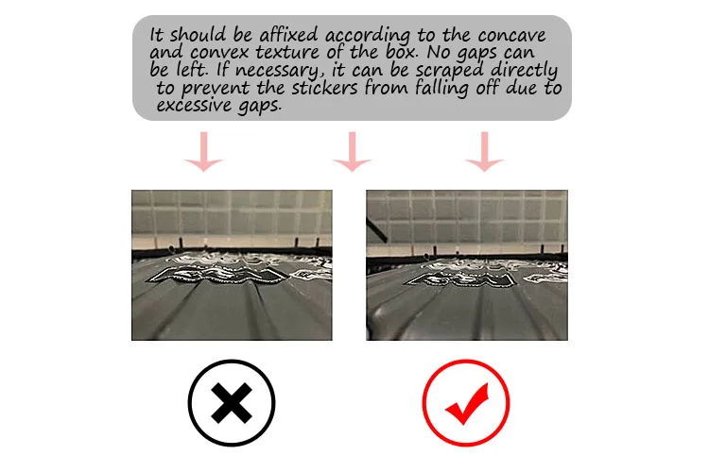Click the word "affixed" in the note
[289, 35]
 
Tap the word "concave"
[511, 35]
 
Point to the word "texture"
[288, 53]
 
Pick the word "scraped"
[449, 72]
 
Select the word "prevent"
[216, 89]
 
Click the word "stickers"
[324, 88]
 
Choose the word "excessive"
[194, 106]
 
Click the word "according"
[367, 36]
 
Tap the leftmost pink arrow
[204, 151]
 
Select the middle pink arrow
[353, 151]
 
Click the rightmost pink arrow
[485, 151]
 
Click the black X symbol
[232, 403]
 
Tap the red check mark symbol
[468, 403]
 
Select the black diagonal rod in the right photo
[376, 230]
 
